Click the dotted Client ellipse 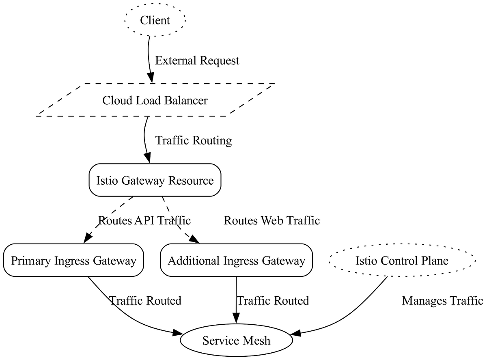pos(155,20)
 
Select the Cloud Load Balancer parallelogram pos(155,100)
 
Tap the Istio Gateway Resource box pos(155,180)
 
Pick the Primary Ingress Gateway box pos(73,260)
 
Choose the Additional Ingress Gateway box pos(236,260)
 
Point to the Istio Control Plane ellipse pos(401,260)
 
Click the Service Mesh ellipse pos(236,341)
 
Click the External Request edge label pos(197,60)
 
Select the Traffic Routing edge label pos(194,140)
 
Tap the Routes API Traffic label pos(144,221)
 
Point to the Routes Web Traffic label pos(272,221)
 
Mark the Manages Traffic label pos(442,301)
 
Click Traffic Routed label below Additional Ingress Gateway pos(273,301)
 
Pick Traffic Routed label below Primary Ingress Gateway pos(145,301)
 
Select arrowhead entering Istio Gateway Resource pos(148,159)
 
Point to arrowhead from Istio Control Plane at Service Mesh pos(296,333)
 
